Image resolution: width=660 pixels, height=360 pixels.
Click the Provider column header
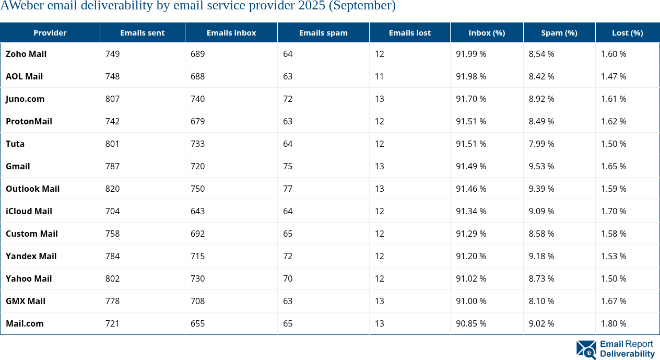[50, 32]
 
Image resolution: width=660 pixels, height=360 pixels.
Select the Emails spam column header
[323, 32]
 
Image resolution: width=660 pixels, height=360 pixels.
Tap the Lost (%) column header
[627, 32]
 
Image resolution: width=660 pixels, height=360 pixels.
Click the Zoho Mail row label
[26, 54]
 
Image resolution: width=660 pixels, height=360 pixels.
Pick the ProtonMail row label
[29, 121]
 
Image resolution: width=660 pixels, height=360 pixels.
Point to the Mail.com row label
[25, 323]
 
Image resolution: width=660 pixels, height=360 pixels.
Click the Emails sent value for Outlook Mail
[112, 189]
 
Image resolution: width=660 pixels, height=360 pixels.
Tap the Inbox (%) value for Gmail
[471, 166]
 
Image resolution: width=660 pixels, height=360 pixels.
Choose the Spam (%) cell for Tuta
[541, 144]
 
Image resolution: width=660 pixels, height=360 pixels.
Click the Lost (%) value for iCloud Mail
[614, 211]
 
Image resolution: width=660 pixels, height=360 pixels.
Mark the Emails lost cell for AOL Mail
[379, 76]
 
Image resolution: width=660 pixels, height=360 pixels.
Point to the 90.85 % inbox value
[471, 323]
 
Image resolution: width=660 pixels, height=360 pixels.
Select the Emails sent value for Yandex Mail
[112, 256]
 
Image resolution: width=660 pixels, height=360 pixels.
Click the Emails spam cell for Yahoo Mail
[288, 278]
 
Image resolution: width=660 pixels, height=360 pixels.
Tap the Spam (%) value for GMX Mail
[541, 301]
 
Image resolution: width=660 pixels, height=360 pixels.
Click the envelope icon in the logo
[586, 350]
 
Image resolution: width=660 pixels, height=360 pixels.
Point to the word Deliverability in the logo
[627, 354]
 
